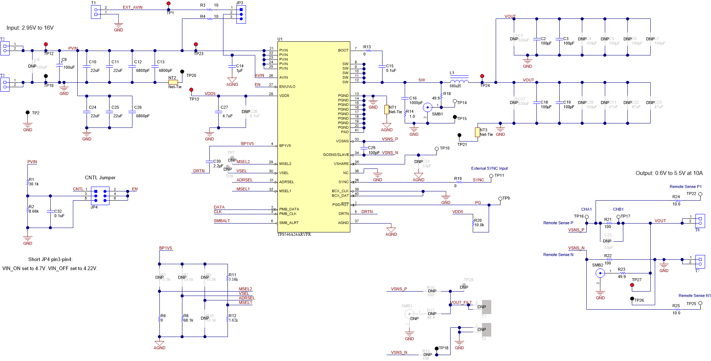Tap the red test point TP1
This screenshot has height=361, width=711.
169,4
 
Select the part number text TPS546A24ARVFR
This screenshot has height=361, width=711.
294,235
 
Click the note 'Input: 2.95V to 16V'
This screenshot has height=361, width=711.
30,28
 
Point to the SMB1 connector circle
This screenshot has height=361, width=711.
427,108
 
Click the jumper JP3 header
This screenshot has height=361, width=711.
241,14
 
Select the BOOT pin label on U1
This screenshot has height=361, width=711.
343,50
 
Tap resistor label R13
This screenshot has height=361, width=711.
367,47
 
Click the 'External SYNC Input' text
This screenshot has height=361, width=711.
489,168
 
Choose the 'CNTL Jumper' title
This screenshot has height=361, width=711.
100,178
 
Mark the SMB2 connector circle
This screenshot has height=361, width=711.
600,273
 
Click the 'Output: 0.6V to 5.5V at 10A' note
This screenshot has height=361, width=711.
669,173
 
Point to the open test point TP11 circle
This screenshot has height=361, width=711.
491,176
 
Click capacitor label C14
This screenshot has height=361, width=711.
240,66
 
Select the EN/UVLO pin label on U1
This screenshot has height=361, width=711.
287,86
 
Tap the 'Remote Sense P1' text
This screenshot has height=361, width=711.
685,187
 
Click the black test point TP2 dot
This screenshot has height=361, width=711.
28,113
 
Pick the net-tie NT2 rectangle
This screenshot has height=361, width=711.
173,82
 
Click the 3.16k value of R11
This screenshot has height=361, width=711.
233,279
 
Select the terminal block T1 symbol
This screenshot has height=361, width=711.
96,12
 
